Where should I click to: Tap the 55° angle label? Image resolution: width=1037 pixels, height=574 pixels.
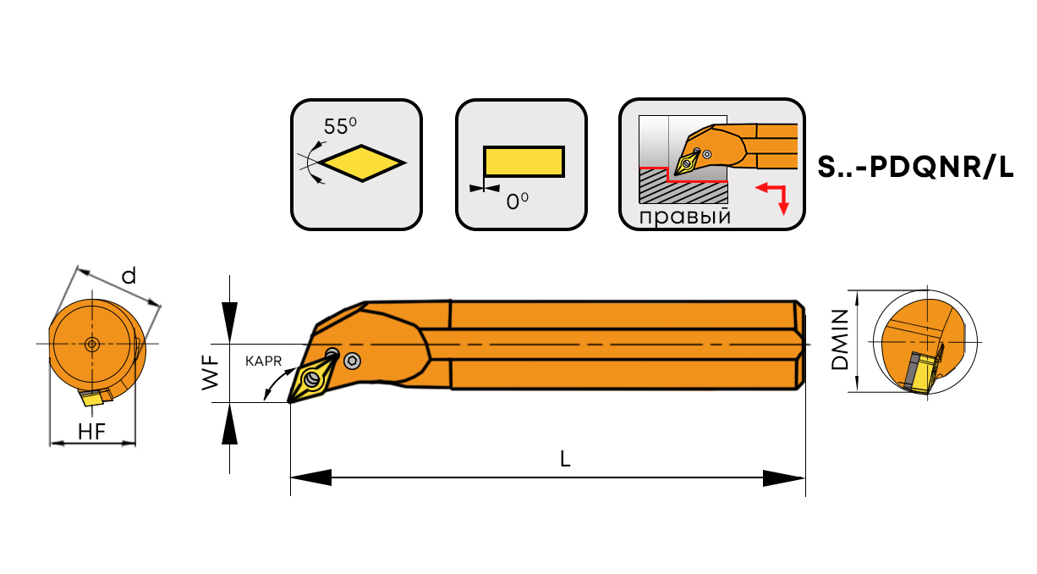point(340,127)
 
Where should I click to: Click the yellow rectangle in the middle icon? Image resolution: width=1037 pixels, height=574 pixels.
point(523,162)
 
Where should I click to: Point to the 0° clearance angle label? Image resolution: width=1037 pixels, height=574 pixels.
point(518,202)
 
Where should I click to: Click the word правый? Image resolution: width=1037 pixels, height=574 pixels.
point(684,217)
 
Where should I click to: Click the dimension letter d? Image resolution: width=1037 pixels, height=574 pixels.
point(129,276)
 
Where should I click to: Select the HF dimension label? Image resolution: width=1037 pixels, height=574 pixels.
point(91,431)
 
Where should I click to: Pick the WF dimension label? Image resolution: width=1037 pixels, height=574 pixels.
point(211,373)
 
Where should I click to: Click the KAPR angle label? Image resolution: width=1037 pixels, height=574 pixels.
point(263,361)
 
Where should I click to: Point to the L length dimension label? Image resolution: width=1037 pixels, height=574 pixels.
point(566,459)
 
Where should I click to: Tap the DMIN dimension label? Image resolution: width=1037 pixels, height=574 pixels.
point(839,339)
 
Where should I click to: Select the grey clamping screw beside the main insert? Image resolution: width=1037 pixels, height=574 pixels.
point(352,362)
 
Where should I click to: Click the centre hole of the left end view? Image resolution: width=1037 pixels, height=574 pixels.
point(91,343)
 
